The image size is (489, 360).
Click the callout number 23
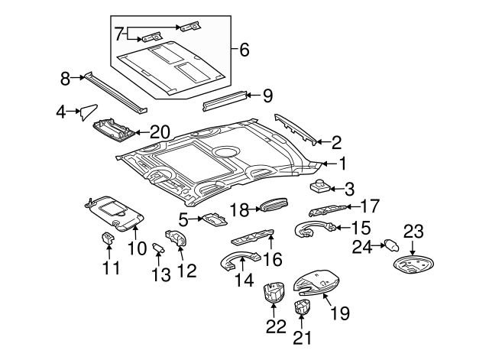pyautogui.click(x=413, y=232)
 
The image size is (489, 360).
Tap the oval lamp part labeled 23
pyautogui.click(x=416, y=265)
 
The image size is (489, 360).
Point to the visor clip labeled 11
pyautogui.click(x=108, y=238)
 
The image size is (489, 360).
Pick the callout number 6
pyautogui.click(x=244, y=50)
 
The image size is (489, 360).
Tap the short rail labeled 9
pyautogui.click(x=225, y=99)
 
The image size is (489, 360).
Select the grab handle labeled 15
pyautogui.click(x=313, y=226)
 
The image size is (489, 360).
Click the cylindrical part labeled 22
pyautogui.click(x=274, y=294)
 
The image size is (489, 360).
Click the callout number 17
pyautogui.click(x=370, y=206)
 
